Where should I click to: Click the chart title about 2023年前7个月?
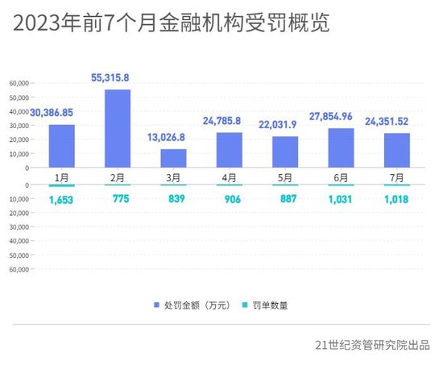pyautogui.click(x=171, y=24)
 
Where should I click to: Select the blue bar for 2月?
pyautogui.click(x=117, y=128)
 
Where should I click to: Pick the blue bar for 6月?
pyautogui.click(x=341, y=147)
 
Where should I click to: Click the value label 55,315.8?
pyautogui.click(x=117, y=78)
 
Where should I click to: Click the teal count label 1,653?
pyautogui.click(x=60, y=201)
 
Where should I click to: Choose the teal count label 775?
pyautogui.click(x=117, y=201)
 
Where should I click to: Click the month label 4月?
pyautogui.click(x=229, y=177)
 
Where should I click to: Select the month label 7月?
pyautogui.click(x=397, y=177)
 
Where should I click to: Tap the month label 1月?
pyautogui.click(x=60, y=177)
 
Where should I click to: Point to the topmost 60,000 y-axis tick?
pyautogui.click(x=19, y=82)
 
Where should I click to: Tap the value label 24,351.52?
pyautogui.click(x=398, y=122)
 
